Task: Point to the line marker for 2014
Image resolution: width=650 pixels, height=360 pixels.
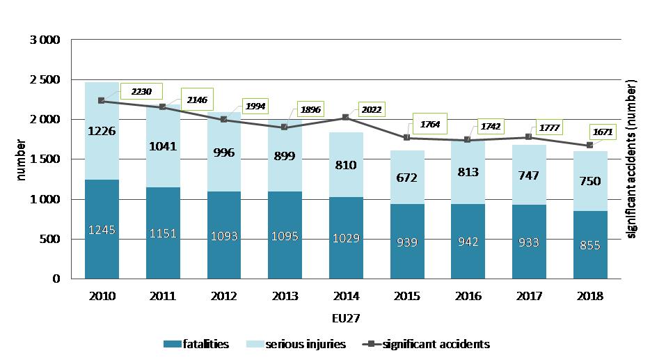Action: tap(345, 118)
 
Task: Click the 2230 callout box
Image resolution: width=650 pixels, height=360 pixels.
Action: tap(141, 91)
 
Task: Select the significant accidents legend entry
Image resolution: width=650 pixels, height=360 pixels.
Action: tap(427, 343)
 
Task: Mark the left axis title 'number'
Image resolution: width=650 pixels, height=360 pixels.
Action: tap(21, 159)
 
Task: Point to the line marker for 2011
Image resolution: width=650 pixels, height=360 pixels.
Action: tap(162, 107)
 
